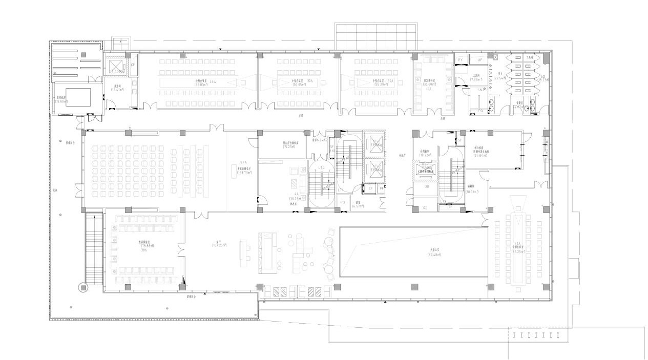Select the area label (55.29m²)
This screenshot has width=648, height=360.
coord(380,84)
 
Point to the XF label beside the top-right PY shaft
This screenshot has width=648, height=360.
coord(480,60)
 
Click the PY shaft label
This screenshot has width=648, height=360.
coord(460,60)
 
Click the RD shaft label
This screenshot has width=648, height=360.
coord(425,208)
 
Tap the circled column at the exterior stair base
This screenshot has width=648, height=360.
coord(82,288)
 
